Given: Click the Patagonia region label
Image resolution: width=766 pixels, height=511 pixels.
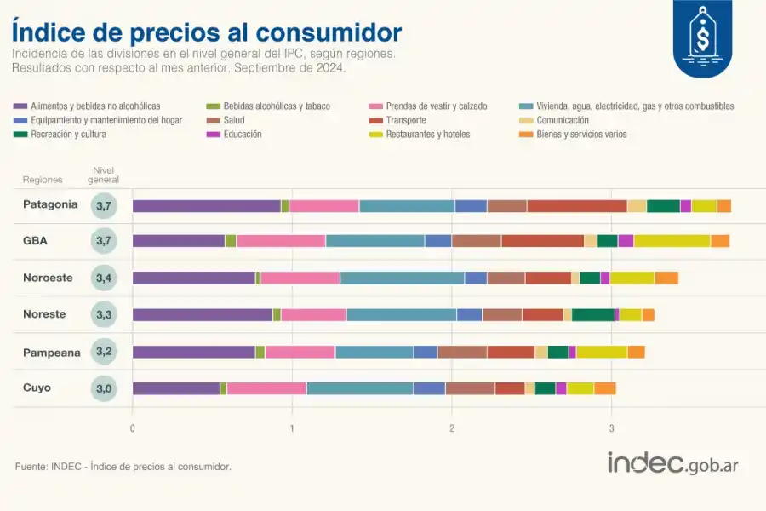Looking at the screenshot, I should (x=50, y=204).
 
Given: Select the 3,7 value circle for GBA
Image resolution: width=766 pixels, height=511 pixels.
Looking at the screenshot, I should (x=104, y=241).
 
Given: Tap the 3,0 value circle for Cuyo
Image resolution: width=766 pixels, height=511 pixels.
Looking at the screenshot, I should (x=104, y=388).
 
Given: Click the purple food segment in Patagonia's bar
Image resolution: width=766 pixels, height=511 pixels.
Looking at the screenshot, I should (x=207, y=205).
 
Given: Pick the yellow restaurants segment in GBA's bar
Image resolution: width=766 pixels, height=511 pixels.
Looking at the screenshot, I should (x=672, y=241).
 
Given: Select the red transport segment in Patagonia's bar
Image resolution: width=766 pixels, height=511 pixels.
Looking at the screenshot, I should (x=576, y=205).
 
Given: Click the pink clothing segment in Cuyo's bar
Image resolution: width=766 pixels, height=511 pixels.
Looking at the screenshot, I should (x=266, y=388).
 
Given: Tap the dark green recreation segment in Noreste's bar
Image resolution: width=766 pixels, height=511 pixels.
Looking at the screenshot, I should (x=592, y=315).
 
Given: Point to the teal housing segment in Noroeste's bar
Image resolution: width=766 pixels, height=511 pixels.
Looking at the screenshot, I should (x=402, y=278).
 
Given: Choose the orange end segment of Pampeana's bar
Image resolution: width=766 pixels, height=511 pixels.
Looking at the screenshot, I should (x=636, y=352).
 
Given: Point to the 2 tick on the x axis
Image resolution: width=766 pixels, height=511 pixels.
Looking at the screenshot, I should (x=451, y=428).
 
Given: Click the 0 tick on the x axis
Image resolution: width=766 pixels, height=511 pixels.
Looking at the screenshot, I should (x=133, y=428).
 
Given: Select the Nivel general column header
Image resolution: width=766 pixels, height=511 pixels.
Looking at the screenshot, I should (x=104, y=175).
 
